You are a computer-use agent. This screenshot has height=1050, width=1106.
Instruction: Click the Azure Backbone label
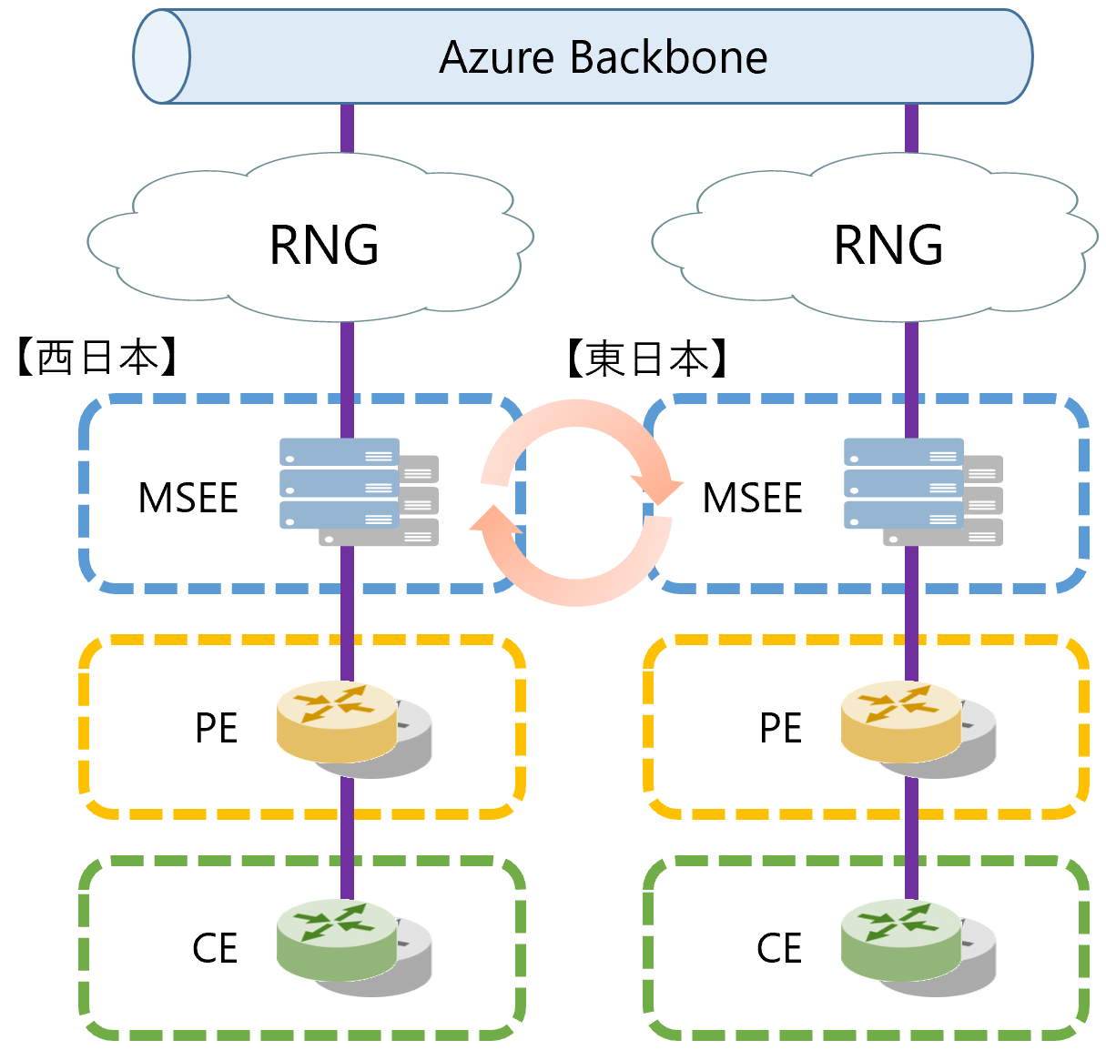coord(603,57)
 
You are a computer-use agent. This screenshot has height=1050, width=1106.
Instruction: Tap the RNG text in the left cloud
coord(324,245)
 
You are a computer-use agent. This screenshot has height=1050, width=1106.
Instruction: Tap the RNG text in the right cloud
coord(888,245)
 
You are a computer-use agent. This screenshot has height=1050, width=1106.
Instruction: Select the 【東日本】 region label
coord(647,358)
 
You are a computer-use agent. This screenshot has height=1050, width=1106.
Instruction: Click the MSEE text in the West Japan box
coord(188,498)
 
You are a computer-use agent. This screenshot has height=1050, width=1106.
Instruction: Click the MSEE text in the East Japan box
coord(753,498)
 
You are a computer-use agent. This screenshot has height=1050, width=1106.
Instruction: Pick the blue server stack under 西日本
coord(340,483)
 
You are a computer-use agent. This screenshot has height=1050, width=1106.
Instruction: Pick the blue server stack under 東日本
coord(904,483)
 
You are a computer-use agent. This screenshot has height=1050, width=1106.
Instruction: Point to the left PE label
coord(217,728)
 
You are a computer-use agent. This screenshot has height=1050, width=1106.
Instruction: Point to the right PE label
coord(781,728)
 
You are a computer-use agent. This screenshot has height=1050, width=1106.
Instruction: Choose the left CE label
coord(215,948)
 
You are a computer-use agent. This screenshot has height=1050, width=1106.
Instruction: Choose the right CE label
coord(779,948)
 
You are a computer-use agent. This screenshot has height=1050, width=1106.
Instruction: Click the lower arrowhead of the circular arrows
coord(492,523)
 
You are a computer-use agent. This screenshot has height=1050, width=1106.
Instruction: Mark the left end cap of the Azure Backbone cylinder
coord(161,56)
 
